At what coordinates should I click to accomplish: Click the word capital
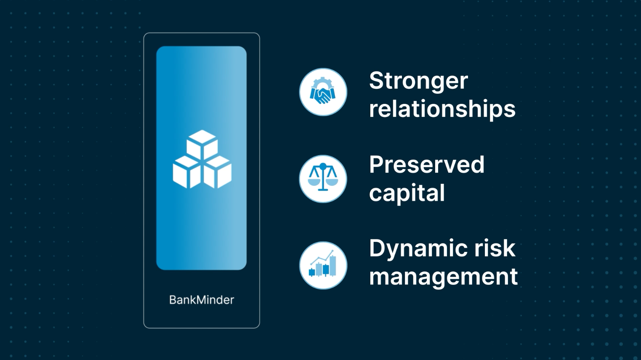[407, 193]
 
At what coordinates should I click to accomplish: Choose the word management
[444, 277]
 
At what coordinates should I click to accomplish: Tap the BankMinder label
[202, 300]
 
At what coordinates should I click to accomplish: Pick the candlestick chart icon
[323, 264]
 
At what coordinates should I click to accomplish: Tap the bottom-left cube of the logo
[186, 172]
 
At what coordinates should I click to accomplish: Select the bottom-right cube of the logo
[217, 172]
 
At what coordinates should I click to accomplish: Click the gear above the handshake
[322, 83]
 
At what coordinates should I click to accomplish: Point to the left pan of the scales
[314, 182]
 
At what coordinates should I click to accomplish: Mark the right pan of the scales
[332, 182]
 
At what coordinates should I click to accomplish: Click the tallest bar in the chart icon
[332, 266]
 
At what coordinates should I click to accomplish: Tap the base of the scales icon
[323, 189]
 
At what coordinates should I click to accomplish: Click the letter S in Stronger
[376, 80]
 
